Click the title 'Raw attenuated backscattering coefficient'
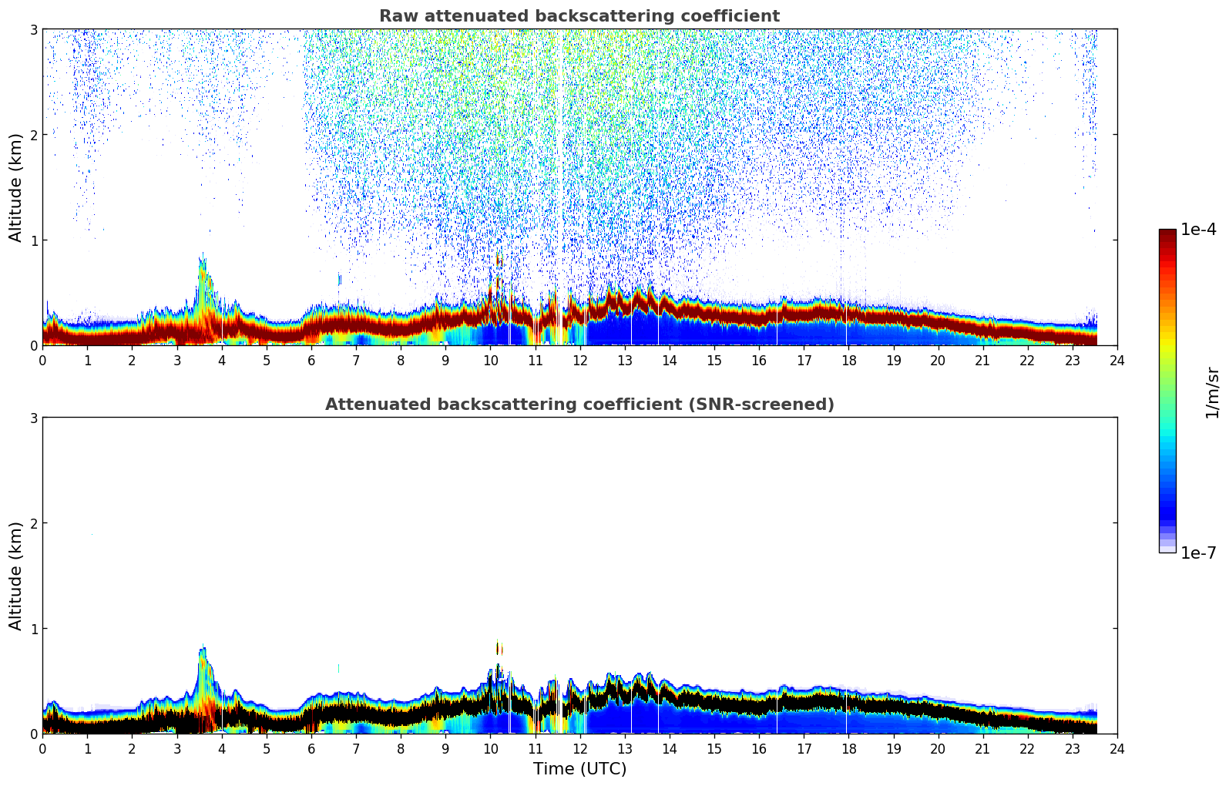pos(579,16)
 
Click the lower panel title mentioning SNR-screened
pos(579,405)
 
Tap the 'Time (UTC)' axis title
pos(579,769)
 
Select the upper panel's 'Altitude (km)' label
pos(15,186)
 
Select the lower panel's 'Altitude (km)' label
pos(15,575)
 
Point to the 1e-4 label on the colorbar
pos(1198,230)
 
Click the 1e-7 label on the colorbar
pos(1198,553)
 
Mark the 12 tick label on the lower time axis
pos(579,749)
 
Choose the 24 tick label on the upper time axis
pos(1117,361)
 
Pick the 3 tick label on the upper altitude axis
pos(33,29)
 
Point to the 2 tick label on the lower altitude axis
pos(33,523)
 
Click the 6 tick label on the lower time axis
pos(311,749)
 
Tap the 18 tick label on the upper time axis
pos(848,361)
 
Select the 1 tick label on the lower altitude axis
pos(33,629)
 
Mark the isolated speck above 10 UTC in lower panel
pos(498,648)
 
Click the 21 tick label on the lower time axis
pos(982,749)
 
